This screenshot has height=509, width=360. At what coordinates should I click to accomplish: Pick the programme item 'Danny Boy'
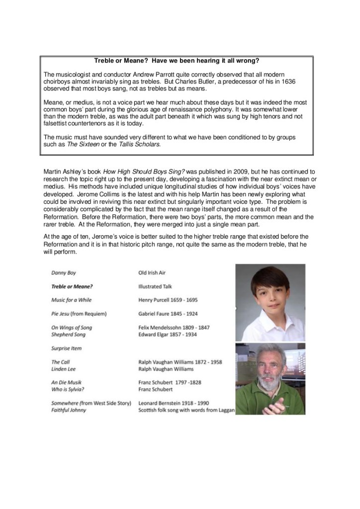click(x=63, y=273)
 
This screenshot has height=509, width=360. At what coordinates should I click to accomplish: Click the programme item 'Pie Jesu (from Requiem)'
click(x=79, y=314)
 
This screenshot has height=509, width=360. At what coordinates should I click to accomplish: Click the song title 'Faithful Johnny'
click(x=69, y=410)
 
